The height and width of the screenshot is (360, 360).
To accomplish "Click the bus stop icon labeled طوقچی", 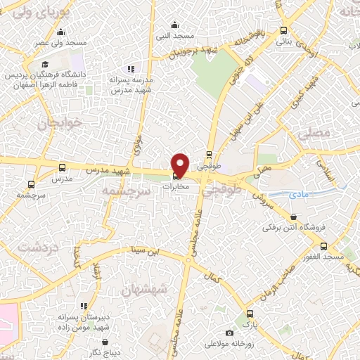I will (209, 156).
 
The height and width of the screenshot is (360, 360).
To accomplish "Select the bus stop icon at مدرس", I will (62, 168).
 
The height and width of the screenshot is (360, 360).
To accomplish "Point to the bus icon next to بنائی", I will (283, 31).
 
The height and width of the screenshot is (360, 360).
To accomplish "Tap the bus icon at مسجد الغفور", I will (323, 247).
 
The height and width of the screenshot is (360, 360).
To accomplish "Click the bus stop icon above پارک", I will (247, 314).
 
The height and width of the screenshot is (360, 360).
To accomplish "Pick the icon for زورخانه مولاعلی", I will (229, 333).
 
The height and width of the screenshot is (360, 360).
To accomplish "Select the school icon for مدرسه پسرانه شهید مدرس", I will (129, 69).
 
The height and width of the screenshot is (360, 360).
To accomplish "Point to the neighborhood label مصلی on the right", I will (314, 133).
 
